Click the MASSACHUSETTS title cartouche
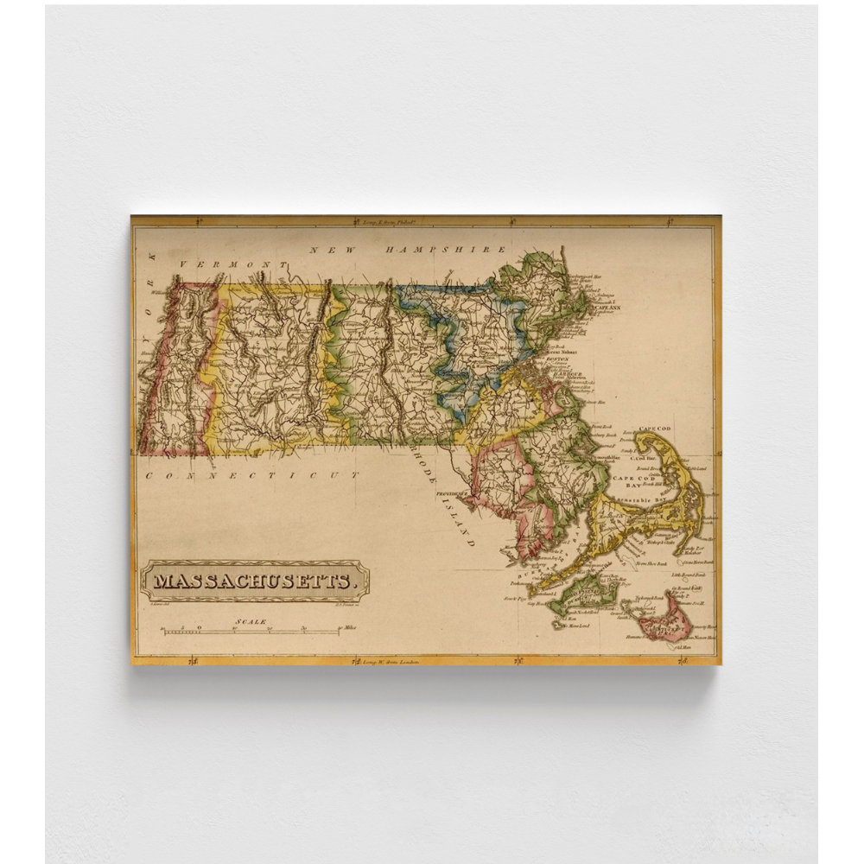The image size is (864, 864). pos(256,581)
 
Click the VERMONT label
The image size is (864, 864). pos(232,264)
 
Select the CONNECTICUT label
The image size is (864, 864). pos(251,475)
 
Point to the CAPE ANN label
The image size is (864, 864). pos(610,307)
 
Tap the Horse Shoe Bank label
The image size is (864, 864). pos(652,563)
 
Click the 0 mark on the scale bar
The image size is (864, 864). pos(199,629)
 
